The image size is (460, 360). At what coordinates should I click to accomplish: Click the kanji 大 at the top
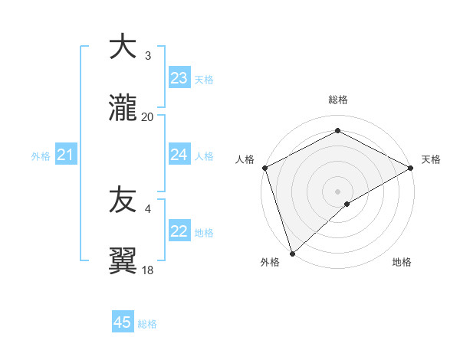tap(123, 47)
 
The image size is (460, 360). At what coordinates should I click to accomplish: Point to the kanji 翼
tap(123, 260)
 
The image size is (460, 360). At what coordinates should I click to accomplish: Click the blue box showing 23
tap(179, 78)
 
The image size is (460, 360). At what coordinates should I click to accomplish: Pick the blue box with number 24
tap(179, 155)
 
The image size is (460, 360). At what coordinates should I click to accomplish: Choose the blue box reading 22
tap(179, 231)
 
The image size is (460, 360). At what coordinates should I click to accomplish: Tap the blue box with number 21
tap(65, 155)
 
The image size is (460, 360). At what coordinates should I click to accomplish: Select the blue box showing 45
tap(123, 322)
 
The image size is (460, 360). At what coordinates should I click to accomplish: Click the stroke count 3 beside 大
tap(147, 56)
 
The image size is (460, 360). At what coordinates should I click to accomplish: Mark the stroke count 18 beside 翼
tap(147, 270)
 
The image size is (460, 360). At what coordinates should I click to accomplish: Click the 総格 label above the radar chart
tap(337, 100)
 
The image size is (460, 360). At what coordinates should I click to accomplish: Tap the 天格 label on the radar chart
tap(431, 159)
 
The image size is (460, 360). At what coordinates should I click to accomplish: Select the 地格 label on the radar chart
tap(402, 262)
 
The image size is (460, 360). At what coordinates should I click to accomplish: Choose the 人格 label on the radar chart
tap(245, 159)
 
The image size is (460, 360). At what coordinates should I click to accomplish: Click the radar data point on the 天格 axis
tap(411, 168)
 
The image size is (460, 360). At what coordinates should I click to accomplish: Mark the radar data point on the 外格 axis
tap(292, 254)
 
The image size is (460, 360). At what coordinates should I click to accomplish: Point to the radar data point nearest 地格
tap(347, 204)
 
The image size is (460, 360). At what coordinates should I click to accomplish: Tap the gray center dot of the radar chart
tap(337, 191)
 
